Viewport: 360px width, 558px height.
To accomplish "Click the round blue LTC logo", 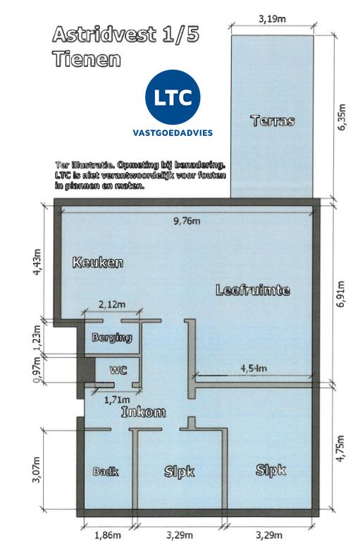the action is pos(173,97).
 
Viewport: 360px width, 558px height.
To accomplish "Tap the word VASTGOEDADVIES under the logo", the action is pos(173,133).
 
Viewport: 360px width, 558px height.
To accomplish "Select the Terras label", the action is pos(273,121).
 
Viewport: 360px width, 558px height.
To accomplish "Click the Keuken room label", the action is pos(98,263).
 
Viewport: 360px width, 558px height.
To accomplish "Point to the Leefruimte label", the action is pos(253,290).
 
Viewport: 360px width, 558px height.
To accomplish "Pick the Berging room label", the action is pos(112,337).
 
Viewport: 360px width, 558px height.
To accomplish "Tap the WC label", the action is pos(118,370).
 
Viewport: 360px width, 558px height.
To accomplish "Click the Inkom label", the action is pos(143,411).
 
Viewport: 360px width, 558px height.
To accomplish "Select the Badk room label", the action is pos(106,471).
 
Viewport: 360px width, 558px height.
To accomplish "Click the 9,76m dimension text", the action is pos(187,221).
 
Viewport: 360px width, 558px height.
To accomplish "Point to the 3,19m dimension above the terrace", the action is pos(272,19).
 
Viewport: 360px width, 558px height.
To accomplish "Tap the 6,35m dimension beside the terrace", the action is pos(341,117).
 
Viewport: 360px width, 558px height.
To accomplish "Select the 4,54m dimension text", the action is pos(254,368).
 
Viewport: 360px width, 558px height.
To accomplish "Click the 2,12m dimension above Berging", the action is pos(112,304).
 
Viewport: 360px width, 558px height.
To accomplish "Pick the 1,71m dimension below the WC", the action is pos(117,400).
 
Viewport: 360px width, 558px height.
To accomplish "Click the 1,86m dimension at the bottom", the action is pos(108,535).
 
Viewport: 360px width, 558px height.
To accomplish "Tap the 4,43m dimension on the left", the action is pos(37,261).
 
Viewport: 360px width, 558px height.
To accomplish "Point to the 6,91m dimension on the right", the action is pos(341,294).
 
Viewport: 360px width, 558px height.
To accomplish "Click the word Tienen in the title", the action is pos(87,59).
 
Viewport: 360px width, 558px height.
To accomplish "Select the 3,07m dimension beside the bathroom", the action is pos(37,470).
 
